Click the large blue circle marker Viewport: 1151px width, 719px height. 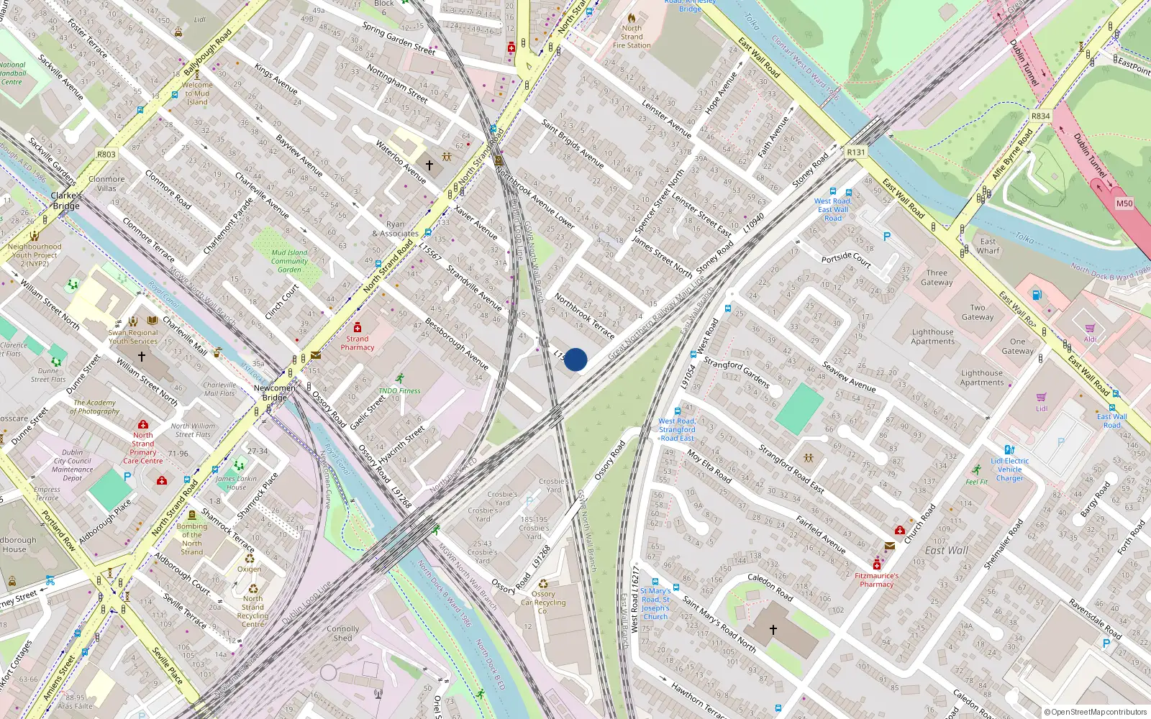(575, 359)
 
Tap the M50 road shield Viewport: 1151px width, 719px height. (1124, 203)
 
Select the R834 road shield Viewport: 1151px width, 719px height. (1040, 116)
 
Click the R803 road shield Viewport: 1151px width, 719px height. (106, 154)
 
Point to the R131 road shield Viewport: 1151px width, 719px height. (855, 152)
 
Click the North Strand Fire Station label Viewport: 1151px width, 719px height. (632, 37)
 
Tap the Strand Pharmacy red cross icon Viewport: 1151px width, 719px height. (358, 328)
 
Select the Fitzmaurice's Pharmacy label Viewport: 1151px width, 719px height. (876, 580)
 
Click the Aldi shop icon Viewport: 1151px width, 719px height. (1090, 329)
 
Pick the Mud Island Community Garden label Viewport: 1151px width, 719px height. (289, 261)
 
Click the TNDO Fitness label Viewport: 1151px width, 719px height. (399, 391)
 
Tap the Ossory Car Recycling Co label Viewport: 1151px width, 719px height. (543, 603)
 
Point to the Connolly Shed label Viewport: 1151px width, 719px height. (343, 633)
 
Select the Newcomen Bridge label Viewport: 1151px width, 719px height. (274, 393)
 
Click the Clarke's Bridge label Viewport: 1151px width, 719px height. (66, 201)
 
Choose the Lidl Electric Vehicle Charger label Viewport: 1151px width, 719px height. (1009, 470)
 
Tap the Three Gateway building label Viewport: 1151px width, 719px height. (937, 278)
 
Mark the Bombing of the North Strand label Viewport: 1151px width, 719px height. (191, 539)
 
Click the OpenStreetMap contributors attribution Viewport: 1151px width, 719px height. (1095, 712)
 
